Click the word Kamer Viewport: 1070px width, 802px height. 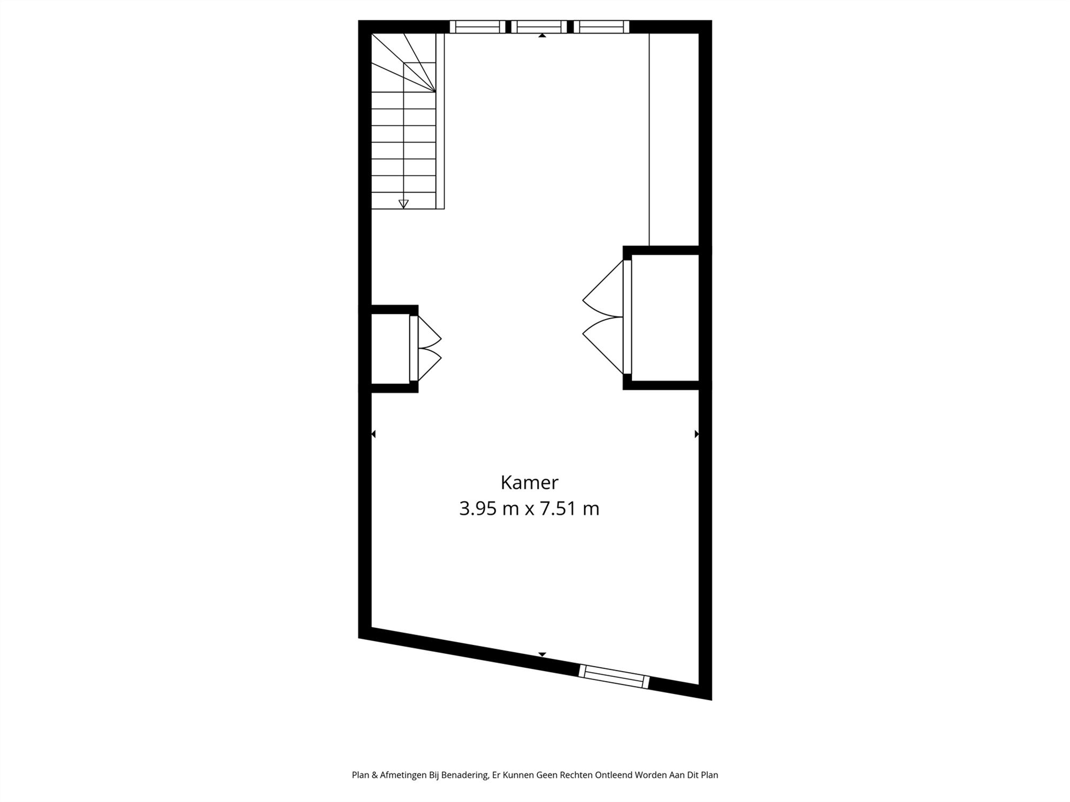point(529,482)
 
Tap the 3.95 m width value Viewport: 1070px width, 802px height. point(489,508)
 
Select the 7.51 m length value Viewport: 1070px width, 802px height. point(569,508)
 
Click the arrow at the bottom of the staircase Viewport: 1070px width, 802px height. point(403,204)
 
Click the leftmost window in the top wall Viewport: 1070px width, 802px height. point(477,27)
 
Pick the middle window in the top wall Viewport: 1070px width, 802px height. point(539,27)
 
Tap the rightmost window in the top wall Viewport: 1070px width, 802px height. point(601,27)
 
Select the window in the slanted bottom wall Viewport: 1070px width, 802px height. point(614,676)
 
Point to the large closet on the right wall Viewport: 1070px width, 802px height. point(665,318)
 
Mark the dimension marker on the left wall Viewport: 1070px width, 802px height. point(373,434)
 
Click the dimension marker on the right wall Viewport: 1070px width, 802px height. point(697,434)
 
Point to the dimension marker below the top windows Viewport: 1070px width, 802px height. point(542,36)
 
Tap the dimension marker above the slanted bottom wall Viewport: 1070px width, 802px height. point(542,654)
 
